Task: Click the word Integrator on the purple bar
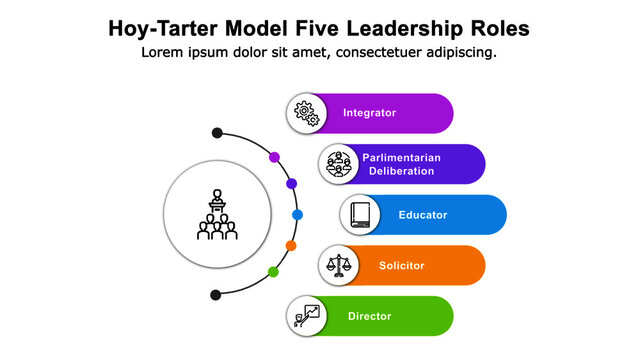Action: [369, 113]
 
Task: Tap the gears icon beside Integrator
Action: [306, 113]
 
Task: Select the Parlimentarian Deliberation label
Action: [398, 164]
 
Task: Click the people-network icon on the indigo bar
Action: [339, 164]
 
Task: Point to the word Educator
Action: [422, 215]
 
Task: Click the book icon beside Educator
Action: [360, 215]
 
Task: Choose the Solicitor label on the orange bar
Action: [401, 266]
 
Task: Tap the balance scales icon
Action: [339, 266]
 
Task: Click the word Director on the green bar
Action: [369, 317]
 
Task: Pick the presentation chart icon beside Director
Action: [306, 317]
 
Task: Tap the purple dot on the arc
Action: [274, 157]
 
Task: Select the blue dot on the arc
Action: [297, 215]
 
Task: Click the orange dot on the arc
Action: [291, 245]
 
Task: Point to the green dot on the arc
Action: [274, 272]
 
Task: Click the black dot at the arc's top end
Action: [216, 133]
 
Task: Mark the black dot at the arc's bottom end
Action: [216, 295]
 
